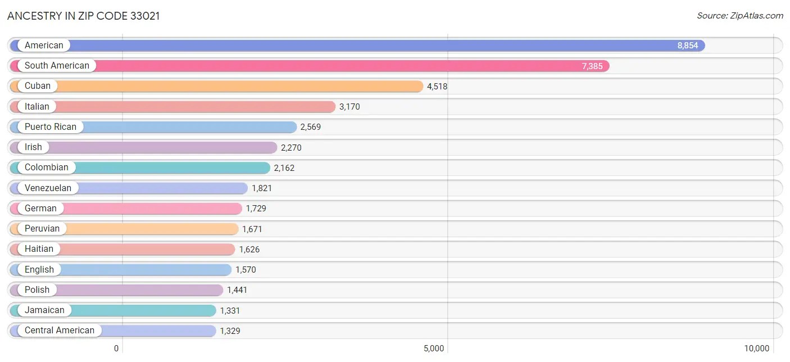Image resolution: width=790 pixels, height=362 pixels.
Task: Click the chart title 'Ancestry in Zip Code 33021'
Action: coord(84,16)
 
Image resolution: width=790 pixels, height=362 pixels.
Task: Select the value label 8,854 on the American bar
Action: coord(687,46)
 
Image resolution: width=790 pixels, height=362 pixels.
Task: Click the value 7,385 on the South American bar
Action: coord(592,66)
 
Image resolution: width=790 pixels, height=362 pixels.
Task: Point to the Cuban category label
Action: coord(38,86)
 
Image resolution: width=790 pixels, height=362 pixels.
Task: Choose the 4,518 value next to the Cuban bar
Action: coord(437,87)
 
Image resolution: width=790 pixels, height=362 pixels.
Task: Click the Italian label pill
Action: coord(37,106)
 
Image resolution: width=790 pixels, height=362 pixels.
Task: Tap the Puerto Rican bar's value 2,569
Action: coord(310,127)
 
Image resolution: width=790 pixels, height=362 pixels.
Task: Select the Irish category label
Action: coord(33,147)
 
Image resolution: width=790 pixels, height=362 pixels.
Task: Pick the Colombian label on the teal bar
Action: coord(47,167)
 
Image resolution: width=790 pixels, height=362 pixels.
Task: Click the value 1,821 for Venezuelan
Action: coord(261,188)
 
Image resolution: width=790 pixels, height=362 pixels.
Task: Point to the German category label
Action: coord(40,208)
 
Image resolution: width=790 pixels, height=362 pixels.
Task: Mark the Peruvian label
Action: coord(42,228)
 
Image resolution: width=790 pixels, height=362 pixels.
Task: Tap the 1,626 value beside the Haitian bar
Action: coord(249,249)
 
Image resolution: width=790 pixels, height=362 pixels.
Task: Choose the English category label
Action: coord(39,269)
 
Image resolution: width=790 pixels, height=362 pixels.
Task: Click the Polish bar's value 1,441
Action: coord(237,290)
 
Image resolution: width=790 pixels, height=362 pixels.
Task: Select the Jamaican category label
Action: coord(44,310)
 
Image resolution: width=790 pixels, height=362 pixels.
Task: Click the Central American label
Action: coord(60,330)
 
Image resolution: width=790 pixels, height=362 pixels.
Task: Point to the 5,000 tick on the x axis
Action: coord(434,348)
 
